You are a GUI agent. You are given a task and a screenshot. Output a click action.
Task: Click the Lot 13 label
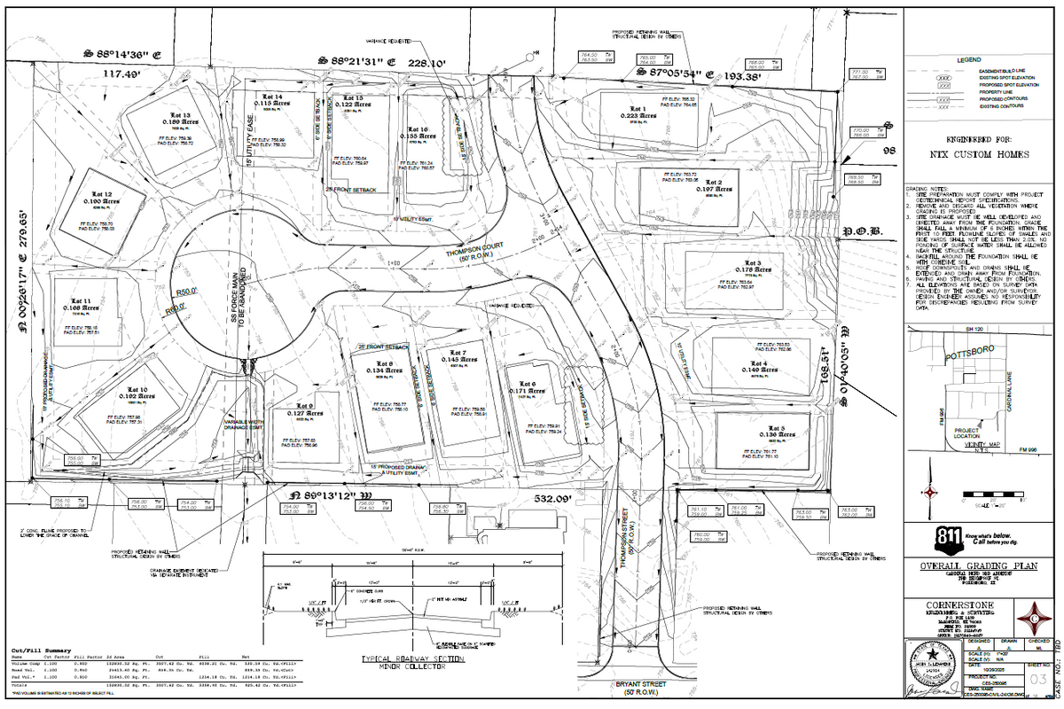(x=181, y=115)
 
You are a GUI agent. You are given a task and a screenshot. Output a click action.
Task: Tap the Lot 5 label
(x=765, y=427)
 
